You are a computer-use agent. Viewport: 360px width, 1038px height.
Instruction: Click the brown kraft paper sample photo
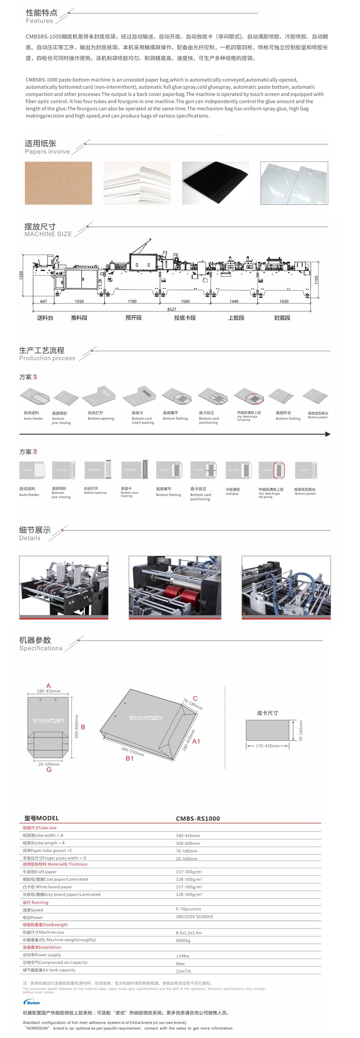(58, 183)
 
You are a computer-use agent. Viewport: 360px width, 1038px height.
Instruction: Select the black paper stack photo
(215, 183)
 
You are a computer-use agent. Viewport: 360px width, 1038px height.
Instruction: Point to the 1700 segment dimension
(132, 301)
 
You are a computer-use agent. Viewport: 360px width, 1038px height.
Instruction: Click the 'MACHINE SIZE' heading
(48, 234)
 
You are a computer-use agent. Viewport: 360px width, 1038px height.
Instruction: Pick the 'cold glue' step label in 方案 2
(232, 493)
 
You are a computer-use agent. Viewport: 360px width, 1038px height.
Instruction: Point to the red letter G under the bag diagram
(49, 769)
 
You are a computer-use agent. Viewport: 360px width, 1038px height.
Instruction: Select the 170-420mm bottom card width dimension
(267, 746)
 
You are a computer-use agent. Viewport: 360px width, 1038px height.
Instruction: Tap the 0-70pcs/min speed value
(188, 909)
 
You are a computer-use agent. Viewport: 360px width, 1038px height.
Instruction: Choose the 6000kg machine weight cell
(183, 940)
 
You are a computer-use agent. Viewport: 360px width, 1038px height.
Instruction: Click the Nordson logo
(32, 1002)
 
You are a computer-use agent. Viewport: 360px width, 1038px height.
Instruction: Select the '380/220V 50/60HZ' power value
(194, 917)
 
